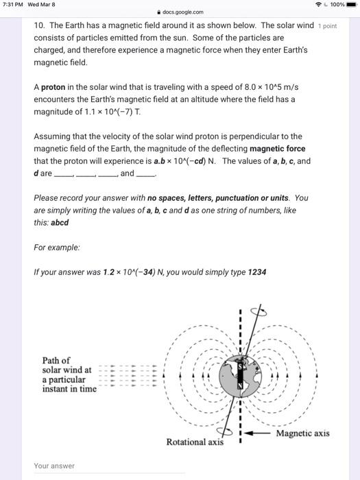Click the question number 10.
[x=40, y=25]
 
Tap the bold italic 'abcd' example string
[x=58, y=222]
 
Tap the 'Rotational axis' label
[x=195, y=442]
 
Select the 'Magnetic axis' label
[x=302, y=433]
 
